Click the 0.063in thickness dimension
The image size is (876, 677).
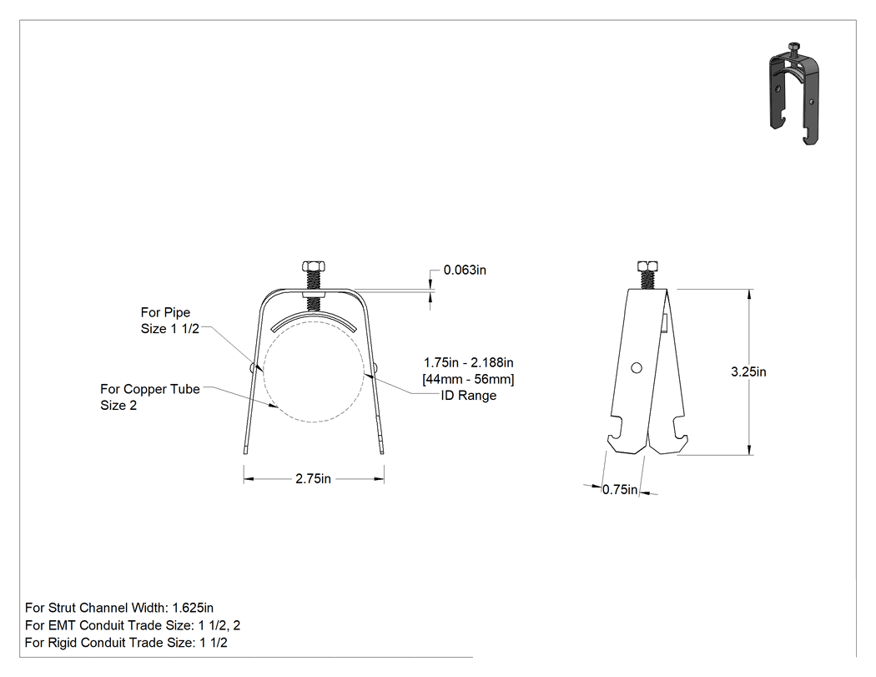(x=465, y=270)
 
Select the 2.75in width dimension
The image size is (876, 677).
(x=314, y=478)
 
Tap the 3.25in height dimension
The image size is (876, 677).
(x=748, y=371)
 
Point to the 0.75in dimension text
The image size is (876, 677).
(x=620, y=490)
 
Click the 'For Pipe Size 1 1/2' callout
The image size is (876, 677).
(x=170, y=321)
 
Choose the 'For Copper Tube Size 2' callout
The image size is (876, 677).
(x=149, y=397)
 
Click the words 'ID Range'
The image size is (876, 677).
(x=469, y=395)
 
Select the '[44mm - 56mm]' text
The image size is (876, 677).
(x=468, y=379)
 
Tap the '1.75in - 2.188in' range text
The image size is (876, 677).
(x=468, y=362)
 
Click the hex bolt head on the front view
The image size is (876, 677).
(x=314, y=266)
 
